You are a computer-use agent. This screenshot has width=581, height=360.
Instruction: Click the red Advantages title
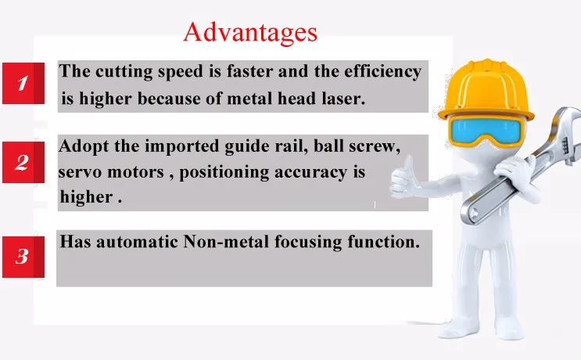point(250,32)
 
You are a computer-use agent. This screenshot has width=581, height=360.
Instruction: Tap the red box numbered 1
point(23,83)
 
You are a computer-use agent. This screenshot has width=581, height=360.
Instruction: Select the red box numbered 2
point(23,162)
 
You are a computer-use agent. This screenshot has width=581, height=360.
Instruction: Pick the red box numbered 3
point(23,257)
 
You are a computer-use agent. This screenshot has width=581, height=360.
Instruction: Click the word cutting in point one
point(124,71)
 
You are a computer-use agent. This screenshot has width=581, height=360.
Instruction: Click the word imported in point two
point(181,146)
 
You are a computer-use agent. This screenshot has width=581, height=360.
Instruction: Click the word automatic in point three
point(137,242)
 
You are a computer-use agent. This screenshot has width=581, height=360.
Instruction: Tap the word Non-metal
point(226,242)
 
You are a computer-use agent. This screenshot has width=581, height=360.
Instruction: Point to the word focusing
point(308,243)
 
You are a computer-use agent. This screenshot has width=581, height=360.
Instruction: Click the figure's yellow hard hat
point(486,91)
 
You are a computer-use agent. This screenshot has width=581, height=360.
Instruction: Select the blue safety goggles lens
point(486,130)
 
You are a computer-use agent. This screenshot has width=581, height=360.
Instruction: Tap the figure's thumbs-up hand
point(403,178)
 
